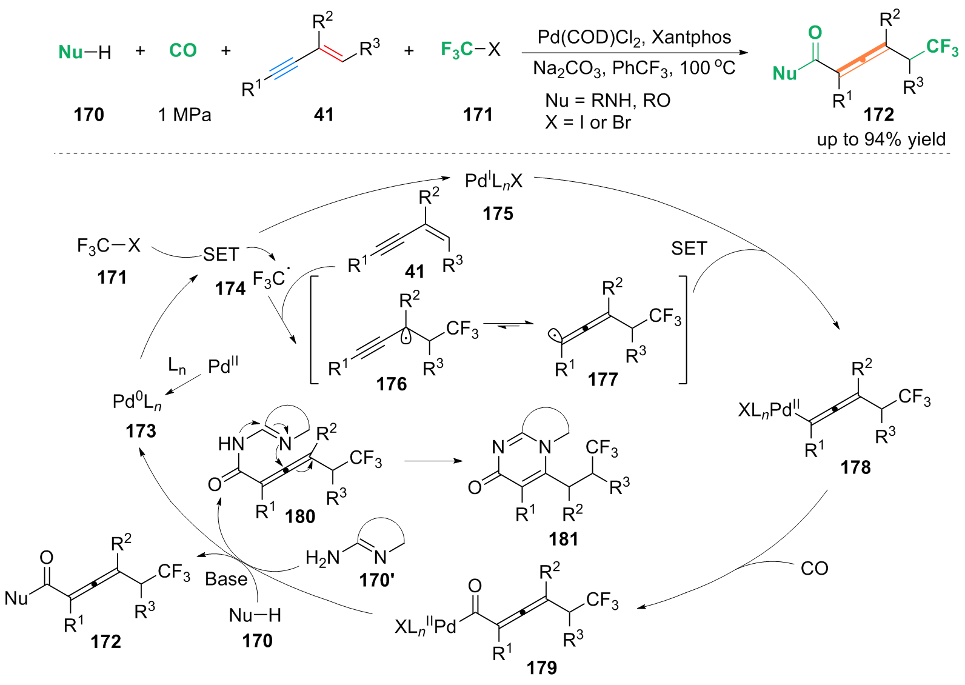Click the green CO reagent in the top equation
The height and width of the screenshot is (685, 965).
pyautogui.click(x=183, y=50)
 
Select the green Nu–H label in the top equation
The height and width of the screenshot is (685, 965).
pyautogui.click(x=84, y=52)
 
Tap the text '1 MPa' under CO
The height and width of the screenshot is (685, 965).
pyautogui.click(x=185, y=115)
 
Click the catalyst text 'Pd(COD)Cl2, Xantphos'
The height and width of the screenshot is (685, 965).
pyautogui.click(x=634, y=38)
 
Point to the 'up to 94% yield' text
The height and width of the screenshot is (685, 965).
pyautogui.click(x=881, y=139)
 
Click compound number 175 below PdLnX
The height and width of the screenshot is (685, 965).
pyautogui.click(x=498, y=213)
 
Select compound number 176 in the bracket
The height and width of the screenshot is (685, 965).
pyautogui.click(x=391, y=384)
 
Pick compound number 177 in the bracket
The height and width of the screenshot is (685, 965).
pyautogui.click(x=603, y=379)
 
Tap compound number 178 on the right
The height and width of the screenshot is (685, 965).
pyautogui.click(x=855, y=467)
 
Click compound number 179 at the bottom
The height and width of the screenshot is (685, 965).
pyautogui.click(x=541, y=667)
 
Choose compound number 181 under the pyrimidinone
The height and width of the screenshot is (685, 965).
pyautogui.click(x=563, y=539)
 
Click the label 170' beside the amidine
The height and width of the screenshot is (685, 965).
pyautogui.click(x=376, y=580)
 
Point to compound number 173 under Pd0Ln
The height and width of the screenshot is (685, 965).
pyautogui.click(x=141, y=431)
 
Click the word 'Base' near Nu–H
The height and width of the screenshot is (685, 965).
pyautogui.click(x=226, y=580)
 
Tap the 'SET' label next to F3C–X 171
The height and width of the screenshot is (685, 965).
pyautogui.click(x=221, y=255)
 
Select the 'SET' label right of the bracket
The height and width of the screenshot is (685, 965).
pyautogui.click(x=689, y=249)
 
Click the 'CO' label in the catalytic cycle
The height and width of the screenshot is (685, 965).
pyautogui.click(x=814, y=569)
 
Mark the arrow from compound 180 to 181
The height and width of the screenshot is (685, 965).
pyautogui.click(x=433, y=461)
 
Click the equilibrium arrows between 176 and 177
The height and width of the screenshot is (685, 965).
pyautogui.click(x=509, y=325)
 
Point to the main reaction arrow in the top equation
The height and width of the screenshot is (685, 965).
pyautogui.click(x=634, y=53)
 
